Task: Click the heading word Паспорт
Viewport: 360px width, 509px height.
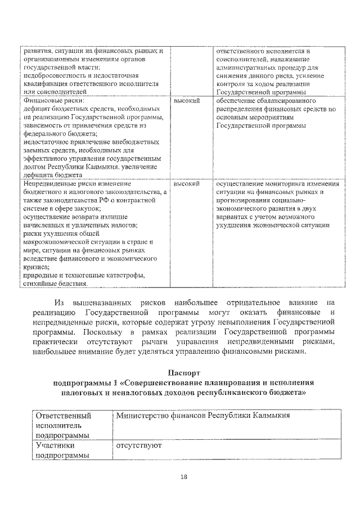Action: (x=183, y=373)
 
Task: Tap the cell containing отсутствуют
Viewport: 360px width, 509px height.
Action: (x=139, y=445)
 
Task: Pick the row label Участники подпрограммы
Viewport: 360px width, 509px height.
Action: (x=62, y=451)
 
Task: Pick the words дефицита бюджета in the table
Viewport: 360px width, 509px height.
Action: (x=51, y=175)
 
